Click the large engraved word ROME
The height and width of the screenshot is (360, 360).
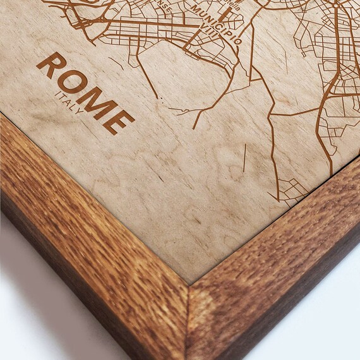pyautogui.click(x=85, y=92)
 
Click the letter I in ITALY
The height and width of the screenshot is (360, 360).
pyautogui.click(x=57, y=94)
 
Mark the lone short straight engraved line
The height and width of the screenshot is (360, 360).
pyautogui.click(x=244, y=159)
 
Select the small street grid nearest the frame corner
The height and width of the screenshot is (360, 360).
pyautogui.click(x=291, y=189)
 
